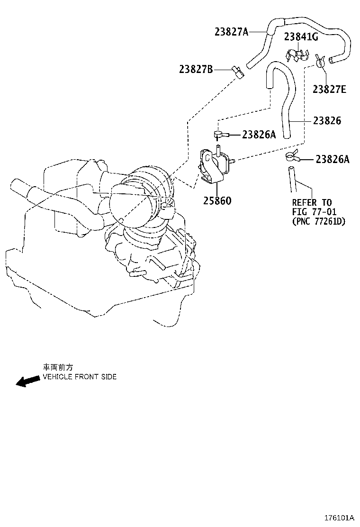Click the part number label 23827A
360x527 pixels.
[232, 32]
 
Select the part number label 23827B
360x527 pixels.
[196, 69]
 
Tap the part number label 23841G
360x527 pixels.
[301, 36]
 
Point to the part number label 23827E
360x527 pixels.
[329, 89]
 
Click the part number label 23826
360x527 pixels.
[327, 120]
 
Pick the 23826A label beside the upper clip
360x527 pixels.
[259, 135]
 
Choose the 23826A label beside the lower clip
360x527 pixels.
[333, 159]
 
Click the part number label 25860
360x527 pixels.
[217, 200]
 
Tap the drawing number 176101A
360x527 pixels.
[340, 517]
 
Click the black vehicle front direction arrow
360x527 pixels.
[27, 381]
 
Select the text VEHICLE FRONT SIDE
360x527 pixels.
[80, 376]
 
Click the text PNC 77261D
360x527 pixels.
[319, 221]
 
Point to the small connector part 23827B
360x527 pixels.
[237, 72]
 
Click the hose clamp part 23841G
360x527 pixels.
[298, 55]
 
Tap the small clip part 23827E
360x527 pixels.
[320, 61]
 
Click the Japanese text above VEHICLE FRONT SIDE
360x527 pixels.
[58, 367]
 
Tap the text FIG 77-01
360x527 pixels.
[315, 212]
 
